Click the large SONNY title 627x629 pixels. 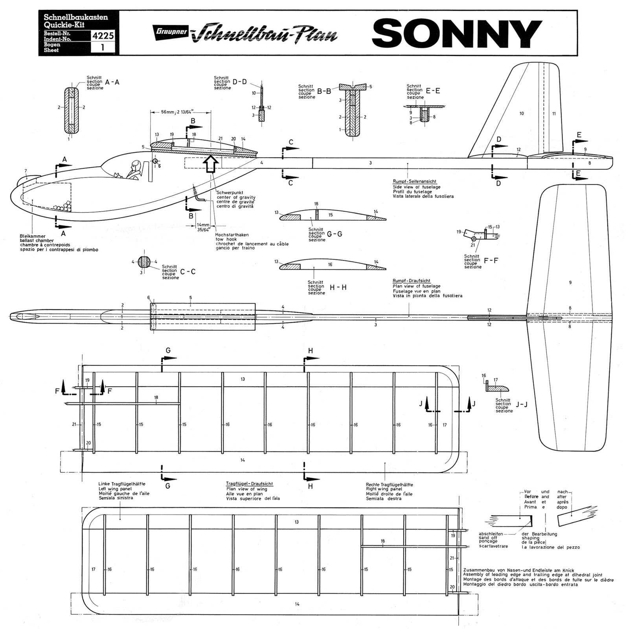tap(457, 33)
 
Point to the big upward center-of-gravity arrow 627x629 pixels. tap(211, 164)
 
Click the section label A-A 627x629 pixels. tap(112, 82)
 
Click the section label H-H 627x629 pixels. tap(338, 287)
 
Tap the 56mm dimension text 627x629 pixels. tap(180, 112)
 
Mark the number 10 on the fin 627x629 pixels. tap(522, 114)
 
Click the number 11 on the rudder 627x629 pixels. tap(554, 114)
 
